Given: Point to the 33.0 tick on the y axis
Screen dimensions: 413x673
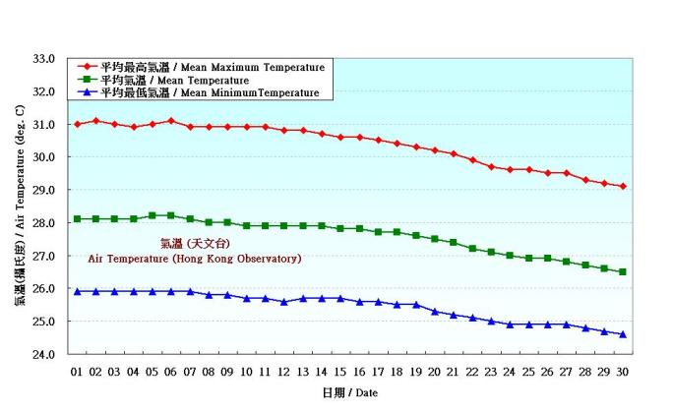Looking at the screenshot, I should [x=43, y=59].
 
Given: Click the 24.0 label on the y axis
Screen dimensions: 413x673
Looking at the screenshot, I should [x=43, y=354].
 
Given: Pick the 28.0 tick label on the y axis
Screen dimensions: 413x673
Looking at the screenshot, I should [x=43, y=223].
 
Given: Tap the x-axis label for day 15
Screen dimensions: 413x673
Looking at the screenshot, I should [x=340, y=371].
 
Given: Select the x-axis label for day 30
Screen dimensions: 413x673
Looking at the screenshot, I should [x=623, y=371].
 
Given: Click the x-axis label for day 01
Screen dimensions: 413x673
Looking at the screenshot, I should [x=77, y=371].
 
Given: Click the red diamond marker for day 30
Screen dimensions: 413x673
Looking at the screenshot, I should [x=623, y=186].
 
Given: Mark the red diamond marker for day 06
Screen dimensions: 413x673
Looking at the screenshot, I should [x=171, y=121].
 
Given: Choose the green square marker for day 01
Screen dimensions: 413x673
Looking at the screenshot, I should [x=77, y=219].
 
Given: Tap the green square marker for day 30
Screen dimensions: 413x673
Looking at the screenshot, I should [x=623, y=271].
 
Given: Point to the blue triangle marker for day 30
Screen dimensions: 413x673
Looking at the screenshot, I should [x=623, y=334].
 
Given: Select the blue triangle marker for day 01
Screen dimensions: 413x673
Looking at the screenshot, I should [x=77, y=291].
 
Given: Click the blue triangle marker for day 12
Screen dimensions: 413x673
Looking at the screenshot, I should [x=284, y=301].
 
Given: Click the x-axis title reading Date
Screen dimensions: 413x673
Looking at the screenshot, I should [x=349, y=392].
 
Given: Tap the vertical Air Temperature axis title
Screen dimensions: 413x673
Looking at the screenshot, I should [x=20, y=206].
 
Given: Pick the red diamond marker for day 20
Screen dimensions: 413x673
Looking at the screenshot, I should [x=435, y=150].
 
